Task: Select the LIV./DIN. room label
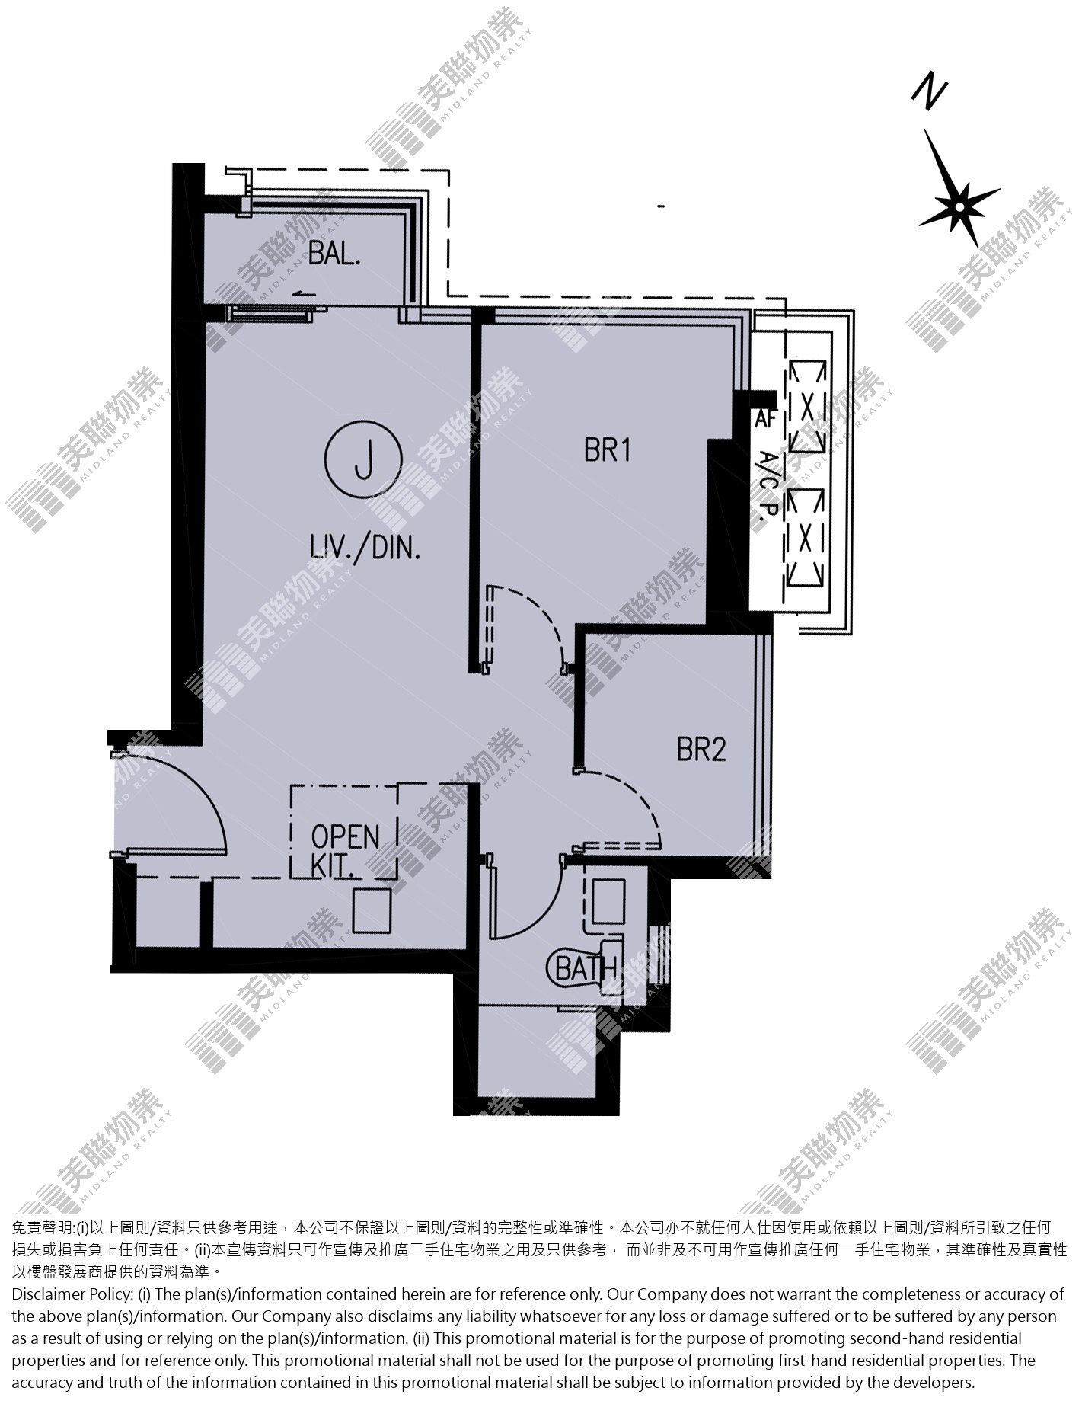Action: tap(365, 548)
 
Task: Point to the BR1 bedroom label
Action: tap(608, 451)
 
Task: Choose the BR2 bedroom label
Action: tap(701, 750)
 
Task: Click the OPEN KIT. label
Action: tap(345, 851)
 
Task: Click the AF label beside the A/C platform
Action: tap(764, 419)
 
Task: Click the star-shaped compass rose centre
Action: tap(960, 206)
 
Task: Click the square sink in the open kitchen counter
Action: tap(372, 911)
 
